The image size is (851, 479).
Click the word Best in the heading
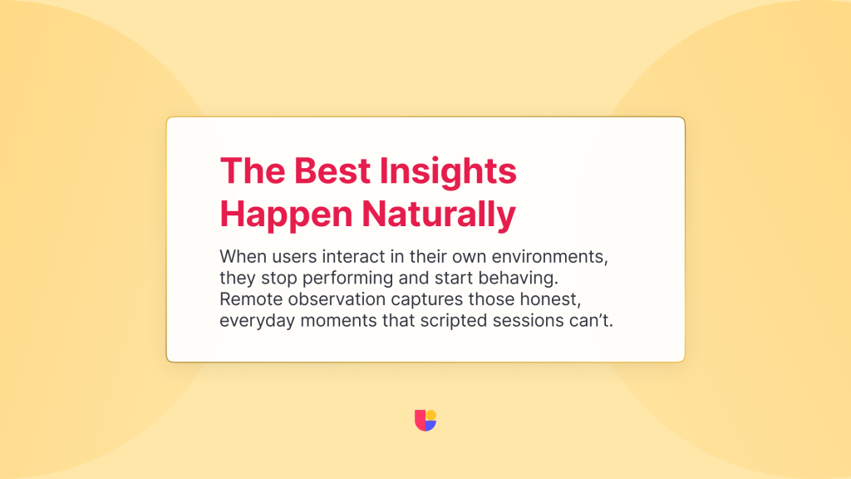[x=332, y=170]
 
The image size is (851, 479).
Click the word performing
[x=347, y=279]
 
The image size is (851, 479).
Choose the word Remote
[x=251, y=299]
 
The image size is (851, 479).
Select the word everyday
[x=257, y=322]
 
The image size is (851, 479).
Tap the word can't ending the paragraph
[x=591, y=321]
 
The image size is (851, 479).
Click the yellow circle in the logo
[x=431, y=416]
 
